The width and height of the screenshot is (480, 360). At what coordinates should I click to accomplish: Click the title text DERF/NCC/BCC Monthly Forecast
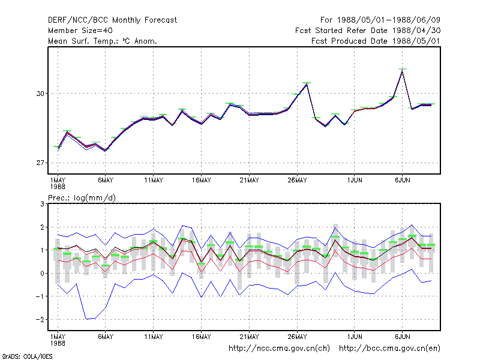click(x=112, y=20)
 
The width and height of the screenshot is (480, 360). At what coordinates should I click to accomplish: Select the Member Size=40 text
click(x=80, y=31)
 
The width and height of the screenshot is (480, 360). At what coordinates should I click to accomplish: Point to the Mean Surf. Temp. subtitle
click(x=102, y=41)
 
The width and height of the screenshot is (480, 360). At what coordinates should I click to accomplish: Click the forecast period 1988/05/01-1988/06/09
click(x=380, y=20)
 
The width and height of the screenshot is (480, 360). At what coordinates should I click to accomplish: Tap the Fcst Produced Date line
click(x=376, y=41)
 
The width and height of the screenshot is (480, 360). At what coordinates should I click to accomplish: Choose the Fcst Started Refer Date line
click(x=368, y=31)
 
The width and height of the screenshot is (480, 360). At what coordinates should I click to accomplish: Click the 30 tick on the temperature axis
click(x=40, y=94)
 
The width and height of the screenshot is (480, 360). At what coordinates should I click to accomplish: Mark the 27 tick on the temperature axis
click(x=40, y=163)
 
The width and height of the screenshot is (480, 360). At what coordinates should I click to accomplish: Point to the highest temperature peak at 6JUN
click(x=402, y=70)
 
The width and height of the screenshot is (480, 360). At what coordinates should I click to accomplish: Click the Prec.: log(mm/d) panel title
click(x=82, y=198)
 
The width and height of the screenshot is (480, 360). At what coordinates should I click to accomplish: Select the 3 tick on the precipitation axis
click(x=42, y=204)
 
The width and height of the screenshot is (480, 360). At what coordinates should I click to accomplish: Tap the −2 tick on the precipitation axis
click(x=40, y=320)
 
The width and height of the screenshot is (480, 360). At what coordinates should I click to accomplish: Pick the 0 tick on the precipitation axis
click(x=42, y=274)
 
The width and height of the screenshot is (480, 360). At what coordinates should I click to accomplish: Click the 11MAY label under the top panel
click(x=154, y=181)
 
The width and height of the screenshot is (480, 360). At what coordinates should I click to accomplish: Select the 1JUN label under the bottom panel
click(x=355, y=337)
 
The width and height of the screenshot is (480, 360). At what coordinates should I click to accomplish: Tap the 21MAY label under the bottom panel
click(x=249, y=337)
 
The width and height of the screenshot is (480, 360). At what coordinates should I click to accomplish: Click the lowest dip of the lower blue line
click(x=86, y=319)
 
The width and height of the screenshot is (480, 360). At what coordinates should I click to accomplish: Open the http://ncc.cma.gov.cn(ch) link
click(x=279, y=349)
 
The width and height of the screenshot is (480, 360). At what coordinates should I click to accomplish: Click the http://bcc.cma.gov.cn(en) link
click(x=389, y=349)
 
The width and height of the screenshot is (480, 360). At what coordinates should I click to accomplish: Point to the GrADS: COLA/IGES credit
click(x=27, y=356)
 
